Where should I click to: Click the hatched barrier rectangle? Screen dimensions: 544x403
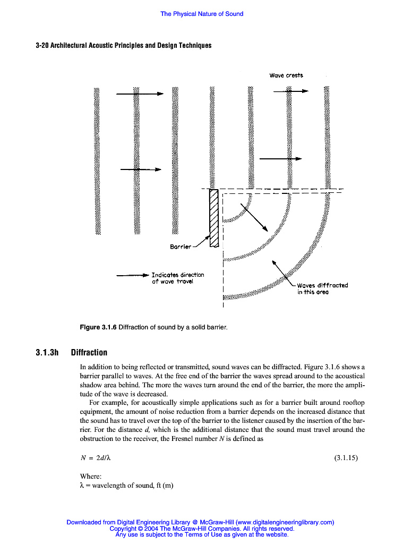(x=215, y=218)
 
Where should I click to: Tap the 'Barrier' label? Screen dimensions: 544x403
(x=181, y=247)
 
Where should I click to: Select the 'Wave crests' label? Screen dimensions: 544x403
(x=286, y=75)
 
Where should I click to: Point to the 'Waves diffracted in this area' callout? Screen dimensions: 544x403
(x=322, y=288)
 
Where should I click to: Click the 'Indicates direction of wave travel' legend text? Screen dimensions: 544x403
(x=177, y=278)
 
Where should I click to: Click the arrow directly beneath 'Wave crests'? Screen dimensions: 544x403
(x=290, y=91)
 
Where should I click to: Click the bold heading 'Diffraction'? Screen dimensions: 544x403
(x=89, y=352)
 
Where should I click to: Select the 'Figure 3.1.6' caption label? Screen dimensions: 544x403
(x=98, y=327)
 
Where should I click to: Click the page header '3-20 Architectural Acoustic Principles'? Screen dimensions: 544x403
(x=123, y=45)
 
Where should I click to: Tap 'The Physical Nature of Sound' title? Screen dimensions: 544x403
(x=202, y=14)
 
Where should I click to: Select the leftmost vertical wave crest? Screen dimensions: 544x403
(x=97, y=159)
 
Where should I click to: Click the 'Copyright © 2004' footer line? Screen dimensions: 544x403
(x=201, y=529)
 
